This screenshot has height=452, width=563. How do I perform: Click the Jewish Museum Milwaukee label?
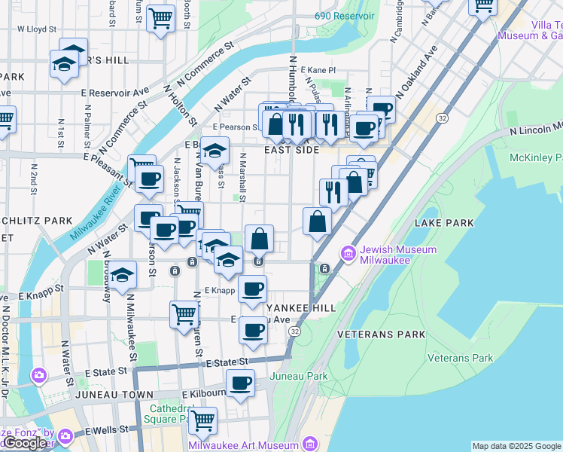tap(384, 255)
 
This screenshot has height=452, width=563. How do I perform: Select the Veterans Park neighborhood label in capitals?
tap(381, 334)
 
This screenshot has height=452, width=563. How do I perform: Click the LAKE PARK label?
tap(444, 223)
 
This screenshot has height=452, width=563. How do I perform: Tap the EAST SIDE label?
tap(291, 151)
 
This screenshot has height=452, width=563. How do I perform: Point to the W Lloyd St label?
tap(37, 29)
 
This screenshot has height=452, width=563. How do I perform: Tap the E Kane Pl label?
tap(320, 69)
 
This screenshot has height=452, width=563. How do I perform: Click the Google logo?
tap(25, 443)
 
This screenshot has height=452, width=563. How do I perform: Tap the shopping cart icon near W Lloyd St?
tap(160, 17)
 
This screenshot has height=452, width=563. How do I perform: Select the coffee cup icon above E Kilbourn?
tap(240, 383)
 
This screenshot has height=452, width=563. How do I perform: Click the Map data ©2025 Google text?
tap(516, 446)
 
